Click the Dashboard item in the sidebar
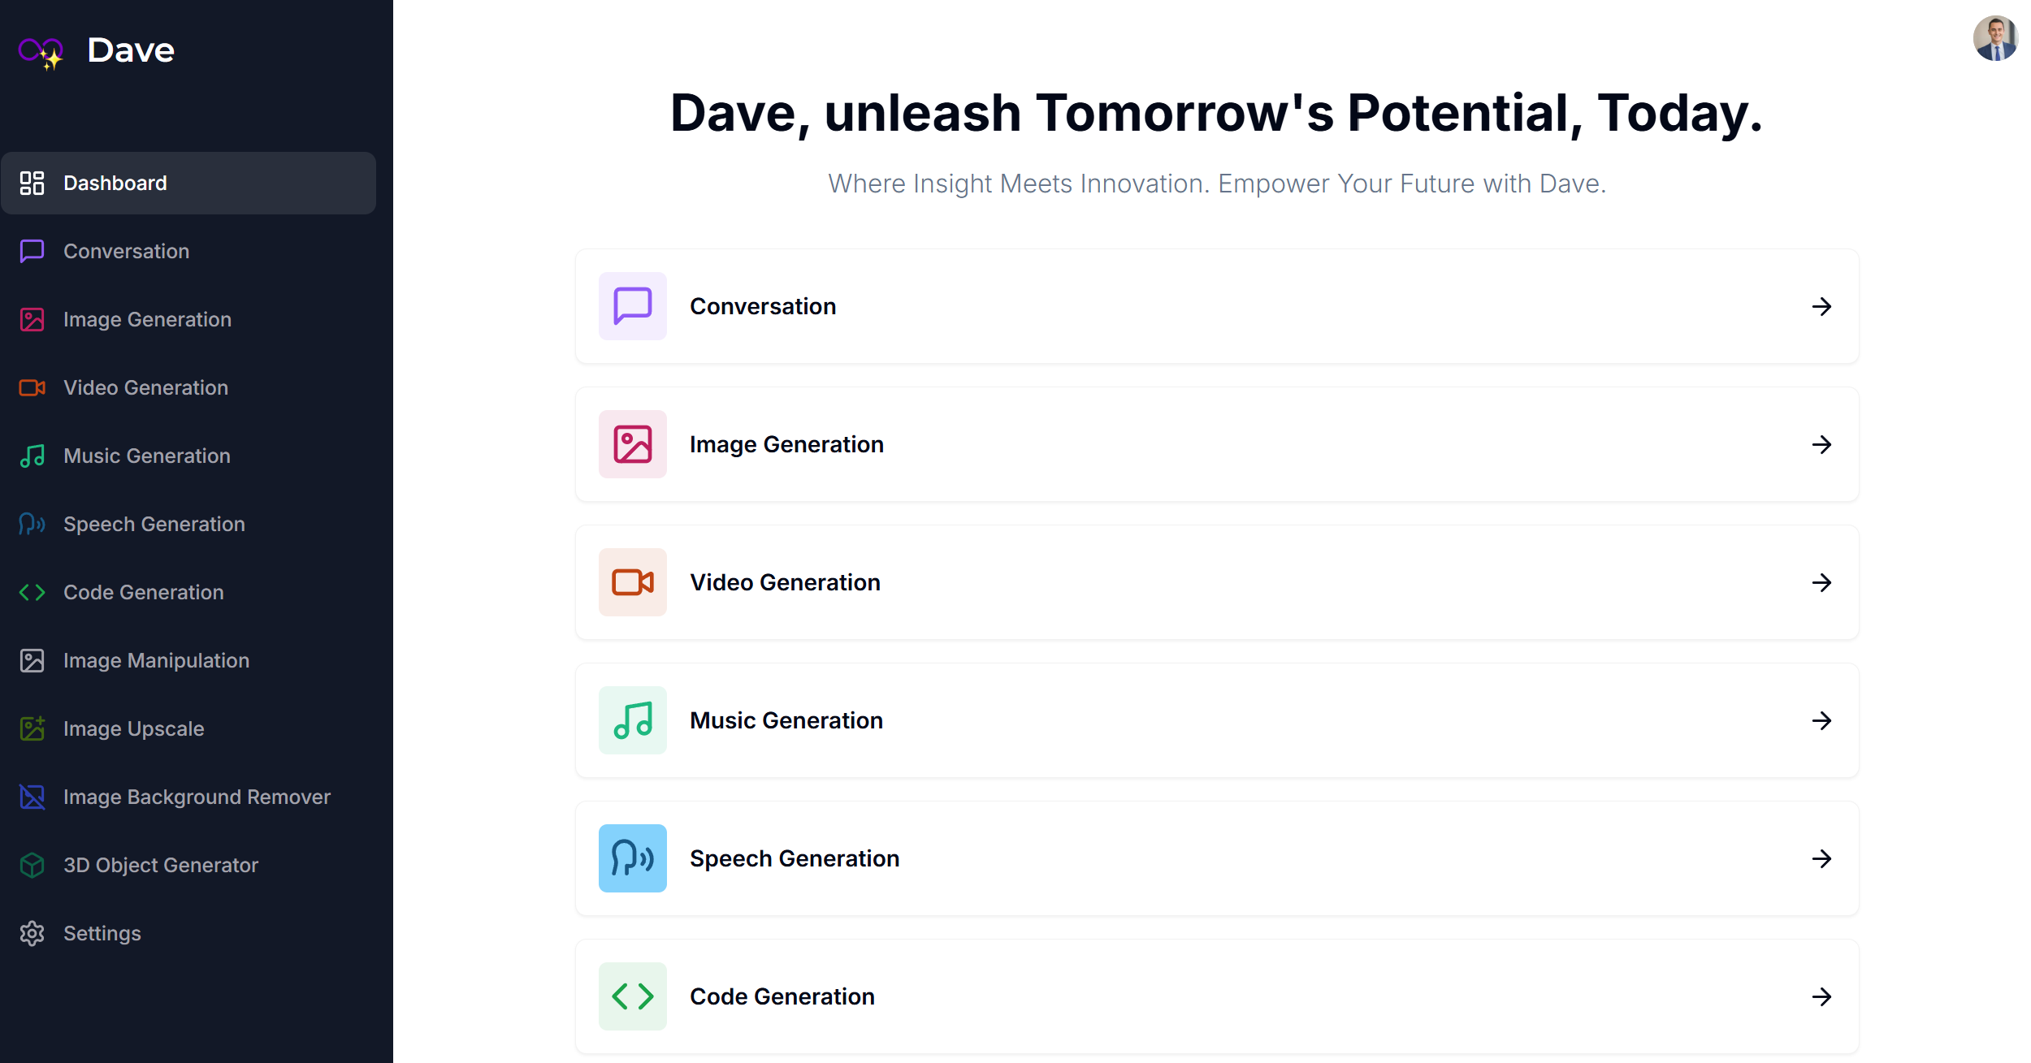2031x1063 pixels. [188, 184]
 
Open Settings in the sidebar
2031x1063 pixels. [102, 934]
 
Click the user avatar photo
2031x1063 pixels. [1995, 38]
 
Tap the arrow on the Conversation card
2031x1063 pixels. [1821, 306]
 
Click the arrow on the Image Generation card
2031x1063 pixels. [1821, 444]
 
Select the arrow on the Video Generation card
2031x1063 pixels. [1821, 582]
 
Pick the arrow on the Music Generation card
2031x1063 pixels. [1821, 720]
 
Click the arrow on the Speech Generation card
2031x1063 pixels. [1821, 858]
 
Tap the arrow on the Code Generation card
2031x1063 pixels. [1821, 996]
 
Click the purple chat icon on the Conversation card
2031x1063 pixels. [633, 306]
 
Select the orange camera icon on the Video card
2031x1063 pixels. [633, 582]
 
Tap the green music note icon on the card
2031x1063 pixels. [633, 720]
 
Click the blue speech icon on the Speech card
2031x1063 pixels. [633, 858]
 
